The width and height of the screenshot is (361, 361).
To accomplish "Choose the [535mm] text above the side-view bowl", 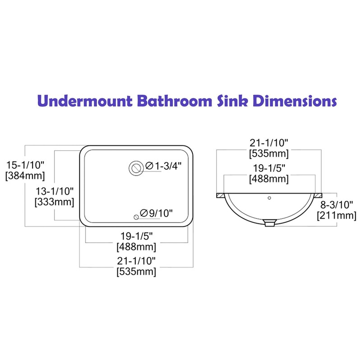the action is pyautogui.click(x=269, y=153).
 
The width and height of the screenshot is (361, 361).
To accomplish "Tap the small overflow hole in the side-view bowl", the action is pyautogui.click(x=269, y=197).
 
